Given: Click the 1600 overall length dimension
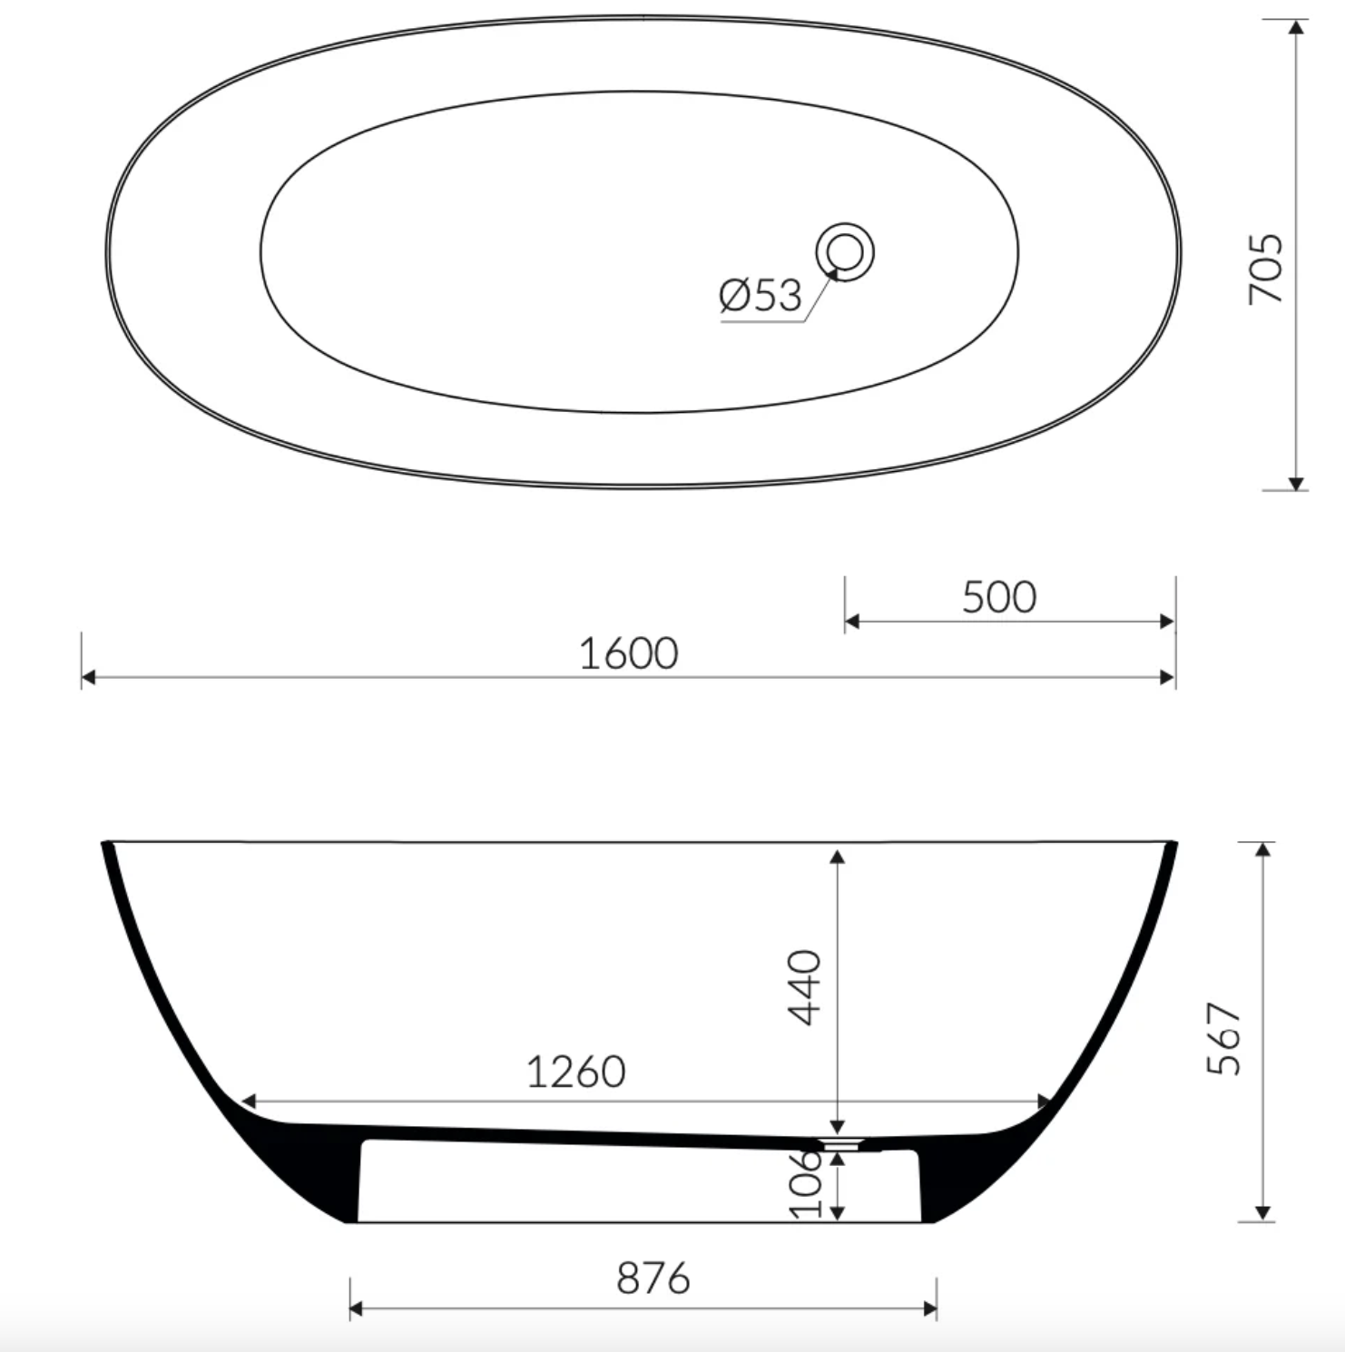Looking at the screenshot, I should (x=628, y=653).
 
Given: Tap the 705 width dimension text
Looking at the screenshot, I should (x=1266, y=269).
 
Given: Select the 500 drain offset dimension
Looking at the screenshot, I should (x=998, y=597).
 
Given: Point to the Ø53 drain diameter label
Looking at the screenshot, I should (x=761, y=296).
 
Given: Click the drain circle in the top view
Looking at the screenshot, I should (x=845, y=250).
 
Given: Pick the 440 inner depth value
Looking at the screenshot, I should (x=804, y=987).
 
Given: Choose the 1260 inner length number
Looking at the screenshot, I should (x=575, y=1072).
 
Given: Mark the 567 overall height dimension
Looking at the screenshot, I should (x=1224, y=1038).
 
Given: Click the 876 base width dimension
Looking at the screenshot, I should (x=653, y=1279).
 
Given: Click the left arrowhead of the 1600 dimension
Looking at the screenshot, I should (x=88, y=677).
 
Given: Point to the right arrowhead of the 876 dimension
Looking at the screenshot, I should (x=930, y=1308).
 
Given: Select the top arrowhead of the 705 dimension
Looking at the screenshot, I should (x=1297, y=26).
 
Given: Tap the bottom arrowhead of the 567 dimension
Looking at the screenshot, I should (x=1262, y=1213).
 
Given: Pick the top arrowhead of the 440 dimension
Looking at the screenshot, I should (x=838, y=857).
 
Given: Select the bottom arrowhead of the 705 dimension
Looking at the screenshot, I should (x=1297, y=484).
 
